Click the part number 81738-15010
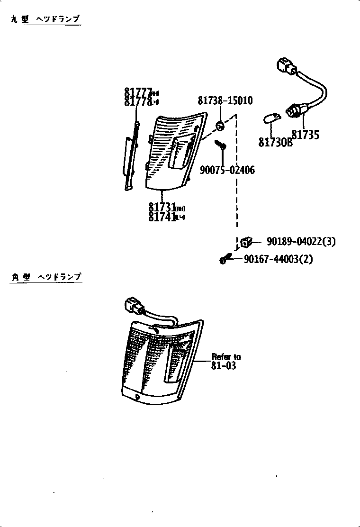click(225, 101)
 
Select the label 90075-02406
click(227, 170)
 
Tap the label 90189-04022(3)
click(301, 242)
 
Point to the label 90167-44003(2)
click(278, 259)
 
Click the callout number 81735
click(305, 135)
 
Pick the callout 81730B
click(275, 142)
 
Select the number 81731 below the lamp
click(161, 208)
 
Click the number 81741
click(161, 217)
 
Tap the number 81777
click(138, 92)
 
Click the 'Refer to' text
click(226, 357)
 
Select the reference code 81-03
click(224, 365)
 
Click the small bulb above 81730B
click(270, 117)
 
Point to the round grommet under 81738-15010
click(220, 126)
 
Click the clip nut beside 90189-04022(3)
click(246, 242)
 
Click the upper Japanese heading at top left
click(45, 19)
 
